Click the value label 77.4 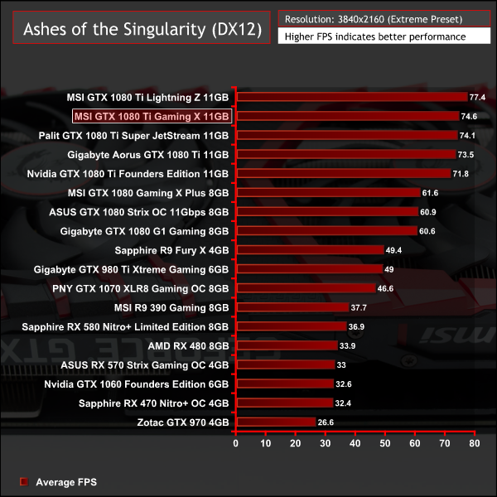[477, 97]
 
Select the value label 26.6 [326, 422]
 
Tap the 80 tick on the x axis [474, 444]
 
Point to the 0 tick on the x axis [236, 444]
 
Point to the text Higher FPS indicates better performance [374, 36]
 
